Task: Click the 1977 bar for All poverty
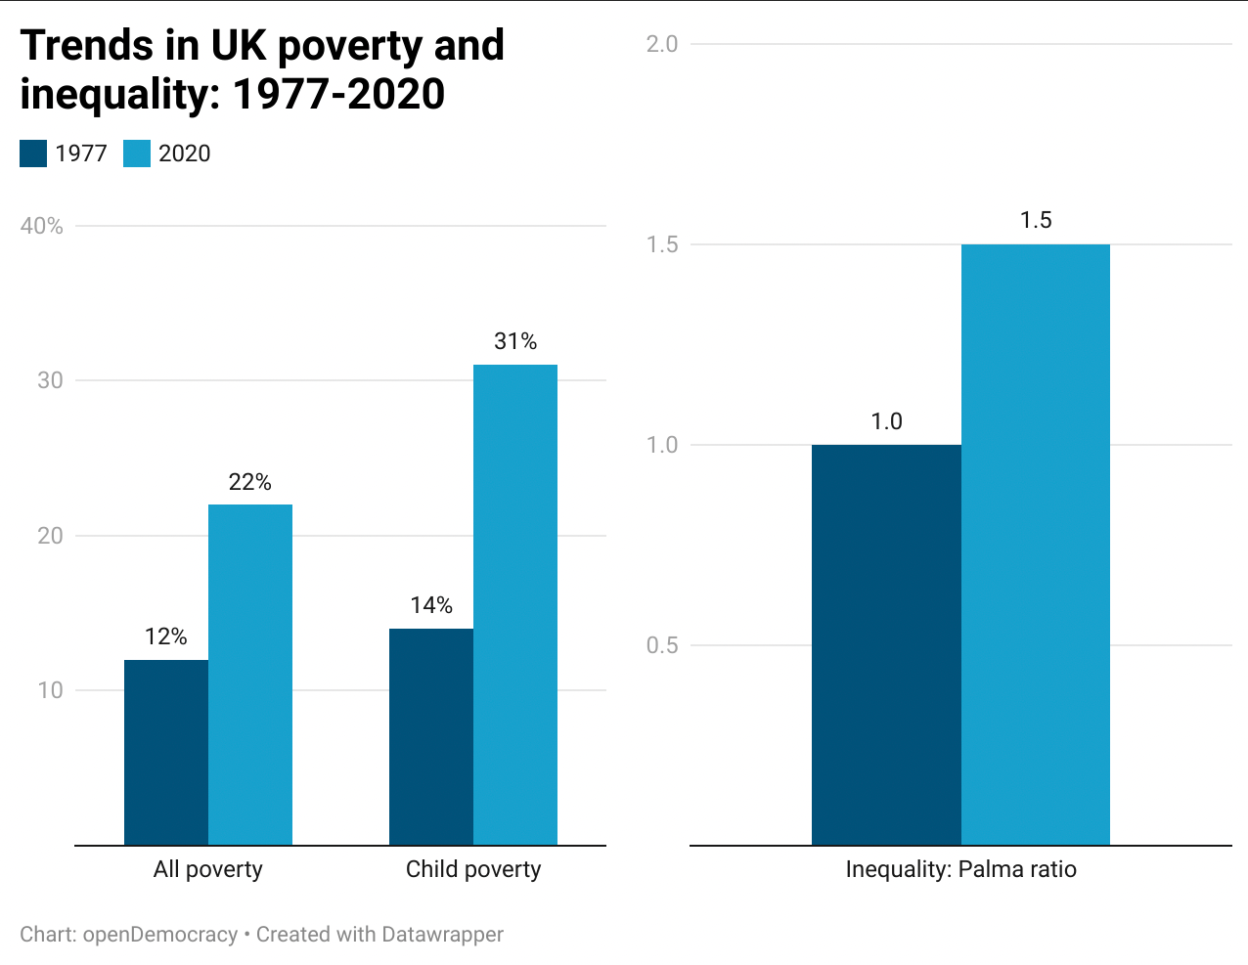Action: (166, 752)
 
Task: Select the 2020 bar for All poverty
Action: (250, 675)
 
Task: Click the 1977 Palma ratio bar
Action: (886, 644)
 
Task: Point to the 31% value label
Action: (515, 341)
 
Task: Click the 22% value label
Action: (250, 482)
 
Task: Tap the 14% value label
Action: (431, 605)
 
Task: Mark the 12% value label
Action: (166, 636)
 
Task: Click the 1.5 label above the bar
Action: (1036, 220)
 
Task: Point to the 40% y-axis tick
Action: (42, 226)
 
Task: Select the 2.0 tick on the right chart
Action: (662, 44)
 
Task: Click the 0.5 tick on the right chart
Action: (662, 645)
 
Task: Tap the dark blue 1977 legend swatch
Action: (33, 154)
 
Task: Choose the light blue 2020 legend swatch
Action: (137, 154)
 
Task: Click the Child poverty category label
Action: (473, 869)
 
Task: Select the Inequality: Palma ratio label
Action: (960, 869)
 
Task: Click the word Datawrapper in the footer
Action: (442, 935)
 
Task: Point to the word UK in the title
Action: (237, 45)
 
